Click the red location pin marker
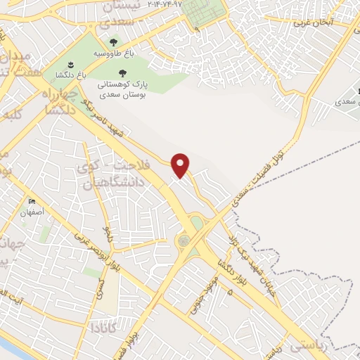tap(181, 165)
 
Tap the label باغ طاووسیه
tap(114, 53)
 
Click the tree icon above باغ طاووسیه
tap(114, 43)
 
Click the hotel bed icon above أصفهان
tap(32, 202)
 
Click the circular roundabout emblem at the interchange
tap(184, 240)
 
